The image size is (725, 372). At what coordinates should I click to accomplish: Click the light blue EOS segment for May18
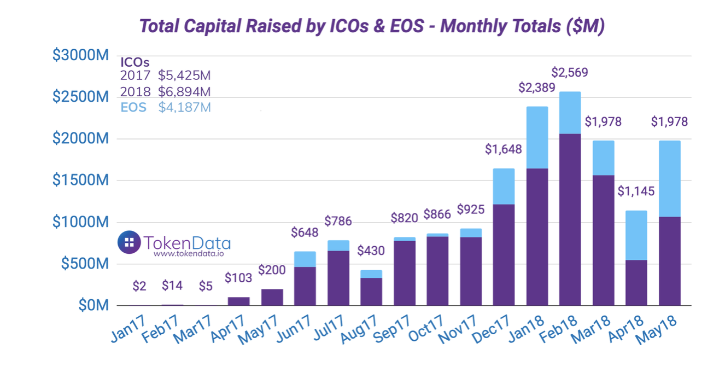(x=669, y=179)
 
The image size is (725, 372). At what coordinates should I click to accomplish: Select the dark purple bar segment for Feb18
(x=570, y=219)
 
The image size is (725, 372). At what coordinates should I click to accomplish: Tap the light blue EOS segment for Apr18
(x=636, y=235)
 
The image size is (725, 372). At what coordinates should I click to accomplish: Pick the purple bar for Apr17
(x=238, y=301)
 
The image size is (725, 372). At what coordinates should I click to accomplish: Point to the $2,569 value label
(x=570, y=73)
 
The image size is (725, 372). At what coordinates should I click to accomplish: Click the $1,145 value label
(x=636, y=191)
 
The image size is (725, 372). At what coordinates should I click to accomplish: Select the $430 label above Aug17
(x=371, y=251)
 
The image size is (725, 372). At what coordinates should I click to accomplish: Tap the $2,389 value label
(x=537, y=88)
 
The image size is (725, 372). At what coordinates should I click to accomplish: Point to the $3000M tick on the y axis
(x=80, y=55)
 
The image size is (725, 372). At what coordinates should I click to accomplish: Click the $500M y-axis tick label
(x=81, y=264)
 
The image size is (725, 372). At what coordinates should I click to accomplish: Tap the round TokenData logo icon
(x=129, y=242)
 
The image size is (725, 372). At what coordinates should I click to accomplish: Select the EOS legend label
(x=133, y=107)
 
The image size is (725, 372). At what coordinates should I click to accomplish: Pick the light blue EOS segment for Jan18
(x=537, y=137)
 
